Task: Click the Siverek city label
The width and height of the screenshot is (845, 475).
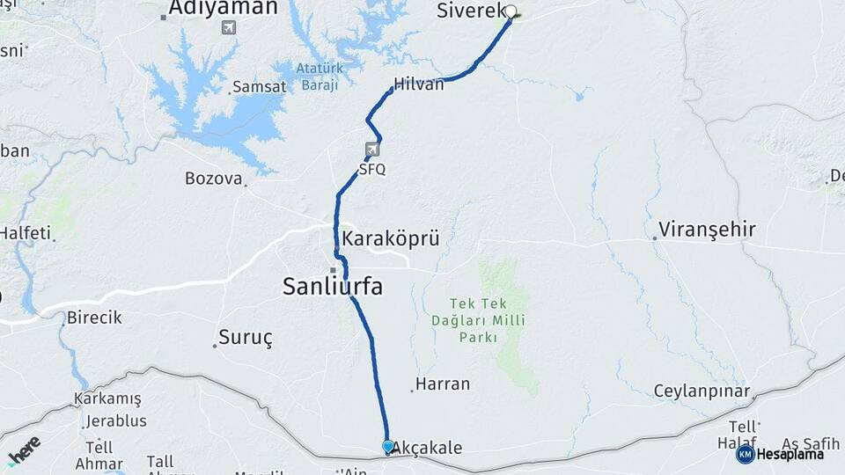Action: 470,11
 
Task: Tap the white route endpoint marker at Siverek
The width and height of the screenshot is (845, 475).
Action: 511,12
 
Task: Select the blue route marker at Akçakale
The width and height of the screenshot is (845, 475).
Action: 388,446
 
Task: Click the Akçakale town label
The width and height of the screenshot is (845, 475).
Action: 427,448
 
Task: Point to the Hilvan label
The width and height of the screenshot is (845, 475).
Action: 420,84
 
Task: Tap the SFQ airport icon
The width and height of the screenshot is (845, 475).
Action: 373,150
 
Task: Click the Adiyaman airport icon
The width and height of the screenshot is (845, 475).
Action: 229,28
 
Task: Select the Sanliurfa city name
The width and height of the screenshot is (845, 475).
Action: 332,286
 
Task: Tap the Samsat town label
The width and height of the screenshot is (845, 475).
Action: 258,87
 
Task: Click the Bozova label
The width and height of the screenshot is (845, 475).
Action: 213,179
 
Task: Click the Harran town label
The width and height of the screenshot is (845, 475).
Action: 442,384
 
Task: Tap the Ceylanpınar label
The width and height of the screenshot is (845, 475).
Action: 702,391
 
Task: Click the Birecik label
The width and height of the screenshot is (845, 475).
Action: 94,318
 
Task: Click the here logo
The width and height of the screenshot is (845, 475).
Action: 24,449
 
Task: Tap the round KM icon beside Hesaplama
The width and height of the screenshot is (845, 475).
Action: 746,454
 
